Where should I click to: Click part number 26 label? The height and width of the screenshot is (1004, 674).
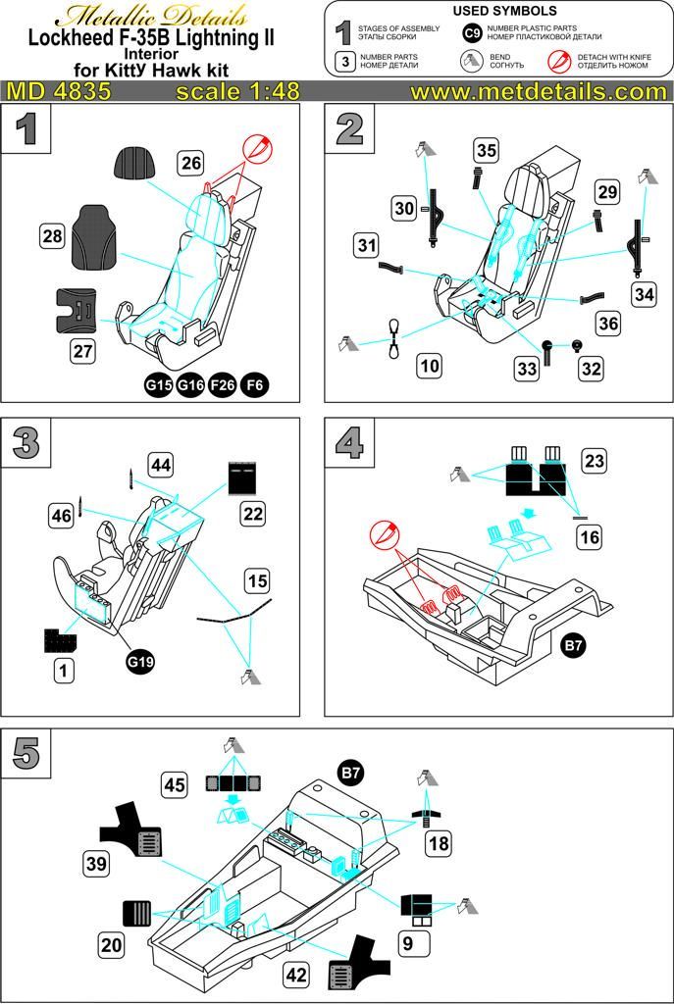(191, 162)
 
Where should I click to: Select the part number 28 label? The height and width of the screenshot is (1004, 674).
(53, 235)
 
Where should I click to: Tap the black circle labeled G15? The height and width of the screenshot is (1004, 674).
(161, 384)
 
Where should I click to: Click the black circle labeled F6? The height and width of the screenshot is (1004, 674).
(254, 384)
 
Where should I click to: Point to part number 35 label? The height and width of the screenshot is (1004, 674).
(486, 150)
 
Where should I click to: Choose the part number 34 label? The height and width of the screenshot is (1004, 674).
(643, 294)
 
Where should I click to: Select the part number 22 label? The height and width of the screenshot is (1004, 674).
(253, 512)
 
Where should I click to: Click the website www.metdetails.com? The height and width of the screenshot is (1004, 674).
(538, 91)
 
